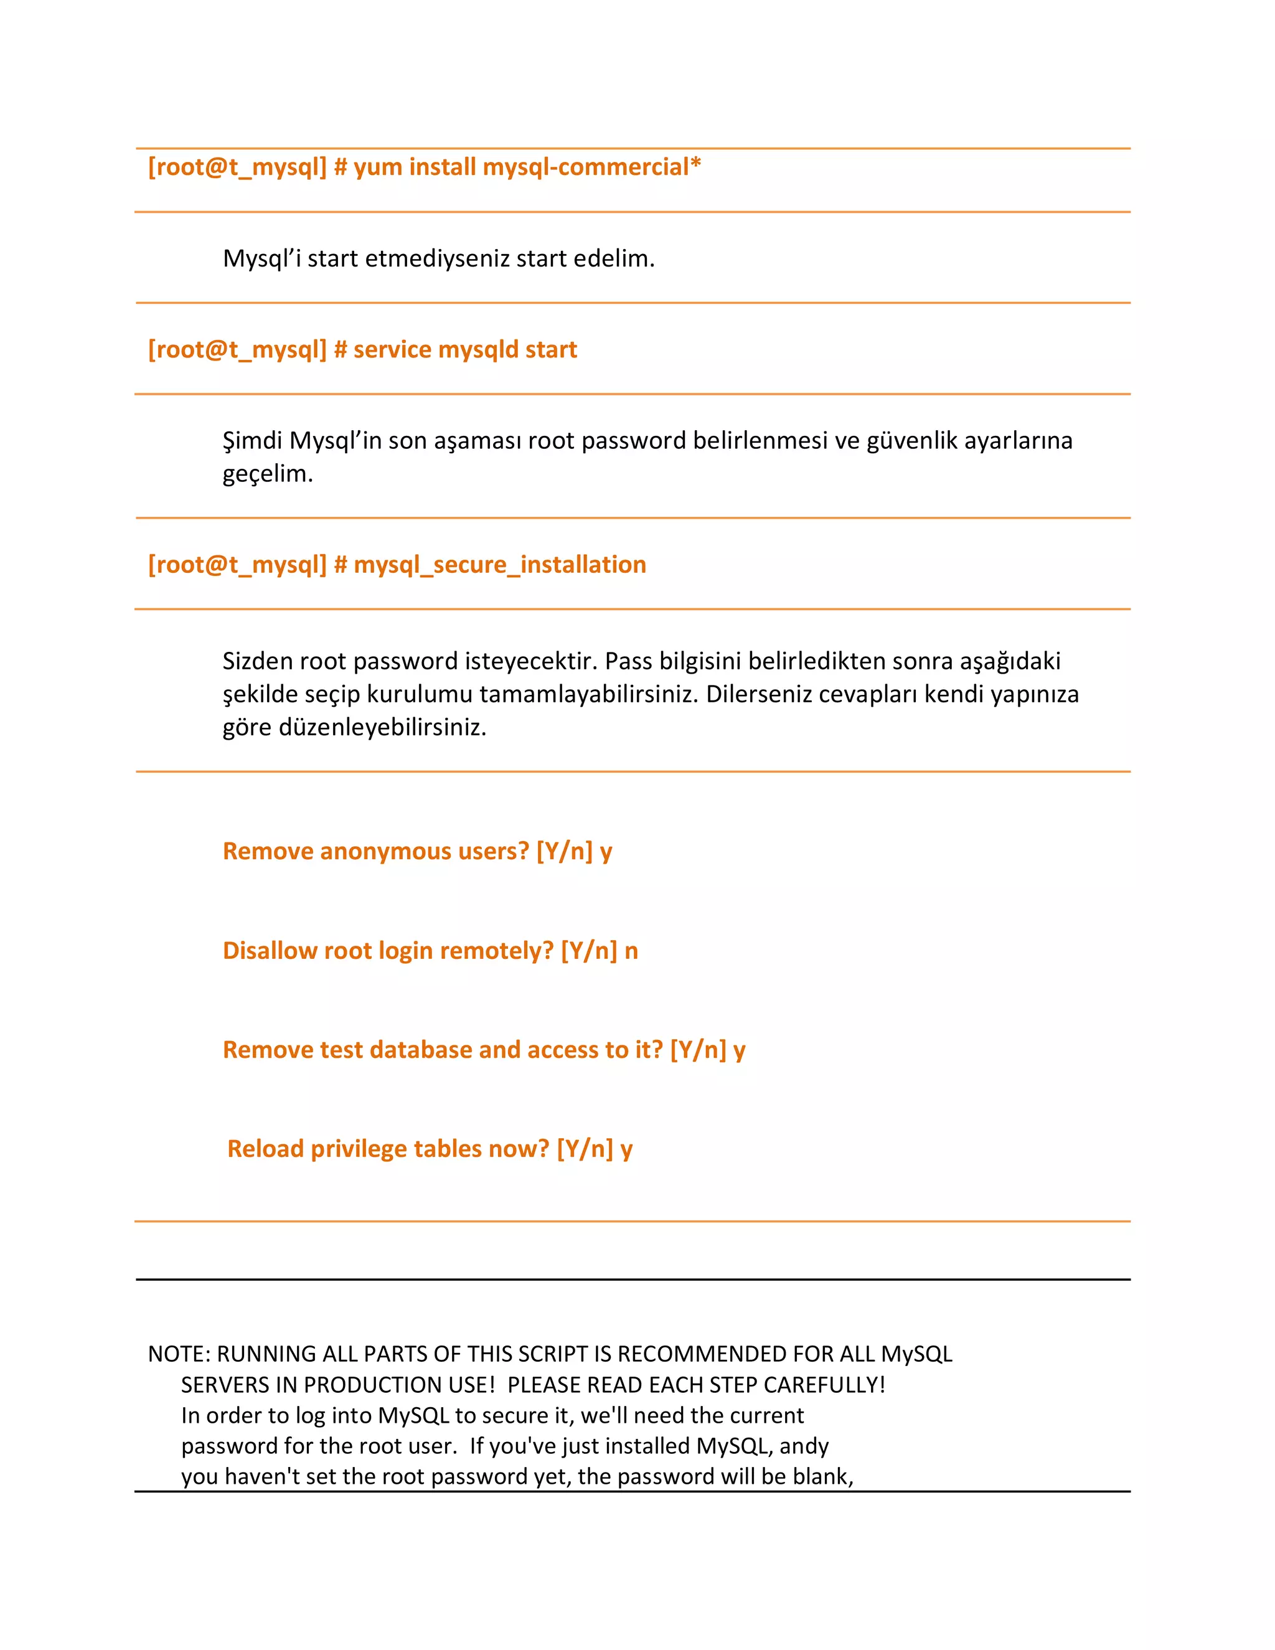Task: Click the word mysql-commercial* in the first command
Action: (591, 167)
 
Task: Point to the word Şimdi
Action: (252, 440)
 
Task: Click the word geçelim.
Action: (267, 474)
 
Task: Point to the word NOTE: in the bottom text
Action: (179, 1354)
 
